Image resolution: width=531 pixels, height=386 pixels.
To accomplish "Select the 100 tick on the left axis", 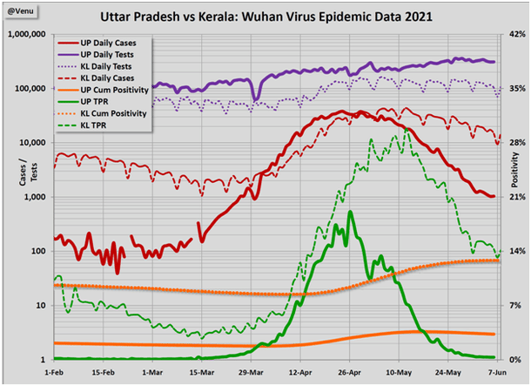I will point(40,251).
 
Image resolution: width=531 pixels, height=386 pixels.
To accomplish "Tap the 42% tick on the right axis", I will point(514,35).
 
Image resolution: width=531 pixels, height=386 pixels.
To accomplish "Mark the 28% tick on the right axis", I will point(514,143).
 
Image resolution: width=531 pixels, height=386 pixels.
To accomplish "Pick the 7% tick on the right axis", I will point(512,306).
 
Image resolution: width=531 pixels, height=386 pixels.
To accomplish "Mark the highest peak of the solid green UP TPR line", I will point(350,212).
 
